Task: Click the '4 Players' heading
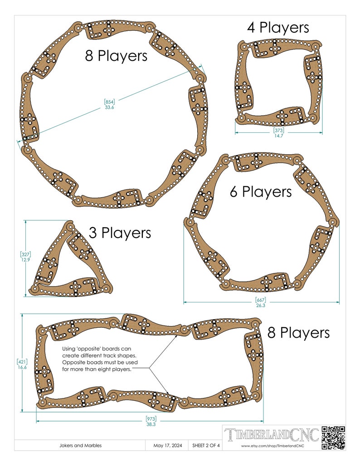(x=278, y=28)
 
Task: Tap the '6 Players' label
(x=261, y=192)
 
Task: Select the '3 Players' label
(x=120, y=233)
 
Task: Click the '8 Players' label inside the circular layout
(x=116, y=56)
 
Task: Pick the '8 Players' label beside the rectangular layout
(x=298, y=333)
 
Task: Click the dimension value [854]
(x=109, y=102)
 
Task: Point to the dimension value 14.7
(x=278, y=136)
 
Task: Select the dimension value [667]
(x=260, y=300)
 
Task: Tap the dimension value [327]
(x=25, y=254)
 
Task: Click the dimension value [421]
(x=22, y=362)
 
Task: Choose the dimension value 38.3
(x=151, y=424)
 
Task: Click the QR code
(x=333, y=437)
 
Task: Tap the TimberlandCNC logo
(x=272, y=435)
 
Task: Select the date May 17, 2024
(x=168, y=446)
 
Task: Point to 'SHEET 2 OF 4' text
(x=206, y=446)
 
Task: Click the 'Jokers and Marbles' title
(x=81, y=446)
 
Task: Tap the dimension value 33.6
(x=109, y=107)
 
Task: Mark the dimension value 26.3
(x=260, y=305)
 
